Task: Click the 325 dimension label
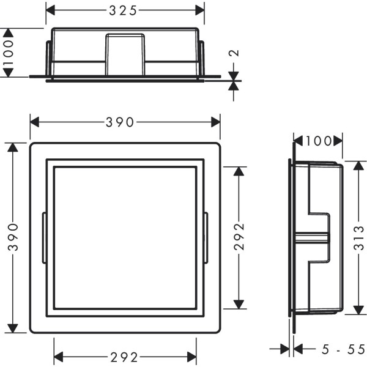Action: coord(123,11)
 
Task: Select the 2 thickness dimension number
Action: coord(234,53)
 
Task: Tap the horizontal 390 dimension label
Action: coord(120,122)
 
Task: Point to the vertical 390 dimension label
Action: coord(13,237)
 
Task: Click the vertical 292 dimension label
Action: coord(239,237)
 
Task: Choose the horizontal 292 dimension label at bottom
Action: coord(124,357)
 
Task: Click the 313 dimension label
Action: coord(359,238)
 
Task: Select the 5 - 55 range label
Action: coord(343,349)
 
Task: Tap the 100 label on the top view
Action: coord(8,53)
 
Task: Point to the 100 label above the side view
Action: coord(319,141)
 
